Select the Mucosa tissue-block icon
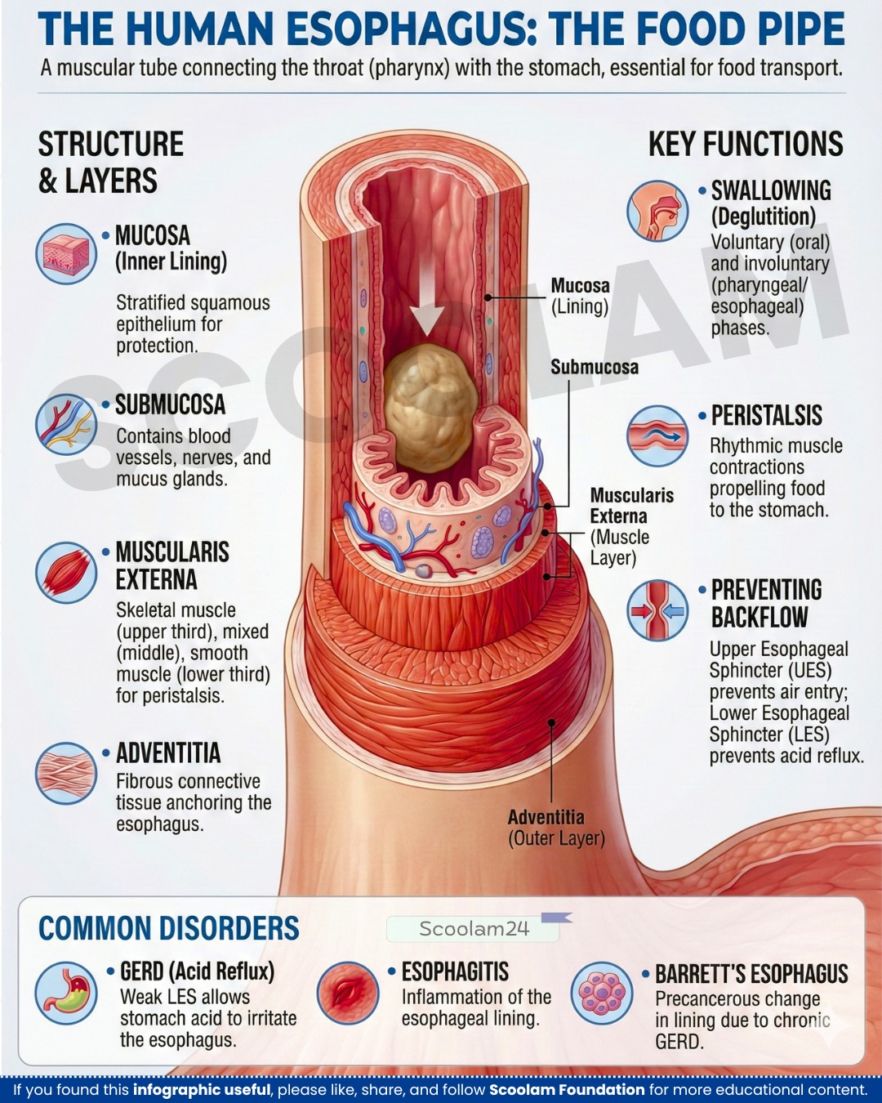(66, 254)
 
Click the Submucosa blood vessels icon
(66, 424)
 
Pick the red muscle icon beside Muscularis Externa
(66, 573)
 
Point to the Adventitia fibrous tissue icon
(66, 773)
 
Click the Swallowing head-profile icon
(657, 210)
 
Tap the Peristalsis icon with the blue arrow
(657, 435)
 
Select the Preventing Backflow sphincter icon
(657, 610)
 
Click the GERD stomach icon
(66, 993)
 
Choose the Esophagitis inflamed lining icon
(347, 993)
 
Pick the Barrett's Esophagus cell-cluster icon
(602, 993)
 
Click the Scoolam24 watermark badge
(474, 929)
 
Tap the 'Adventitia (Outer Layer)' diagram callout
(556, 827)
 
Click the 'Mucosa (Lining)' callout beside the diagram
(580, 297)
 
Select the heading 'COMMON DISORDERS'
(168, 928)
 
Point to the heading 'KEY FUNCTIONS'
(746, 144)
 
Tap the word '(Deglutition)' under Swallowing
(763, 217)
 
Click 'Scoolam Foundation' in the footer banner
(567, 1090)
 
